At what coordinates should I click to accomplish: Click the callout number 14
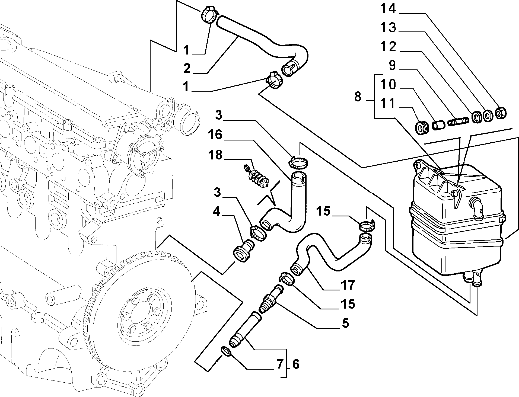click(x=388, y=9)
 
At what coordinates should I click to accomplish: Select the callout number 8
click(x=358, y=97)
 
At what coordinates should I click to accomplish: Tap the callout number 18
click(x=215, y=155)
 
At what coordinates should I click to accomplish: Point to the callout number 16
click(x=215, y=135)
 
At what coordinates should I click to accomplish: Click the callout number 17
click(x=348, y=285)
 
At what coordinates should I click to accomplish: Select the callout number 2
click(x=187, y=68)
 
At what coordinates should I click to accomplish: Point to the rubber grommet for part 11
click(x=422, y=128)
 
